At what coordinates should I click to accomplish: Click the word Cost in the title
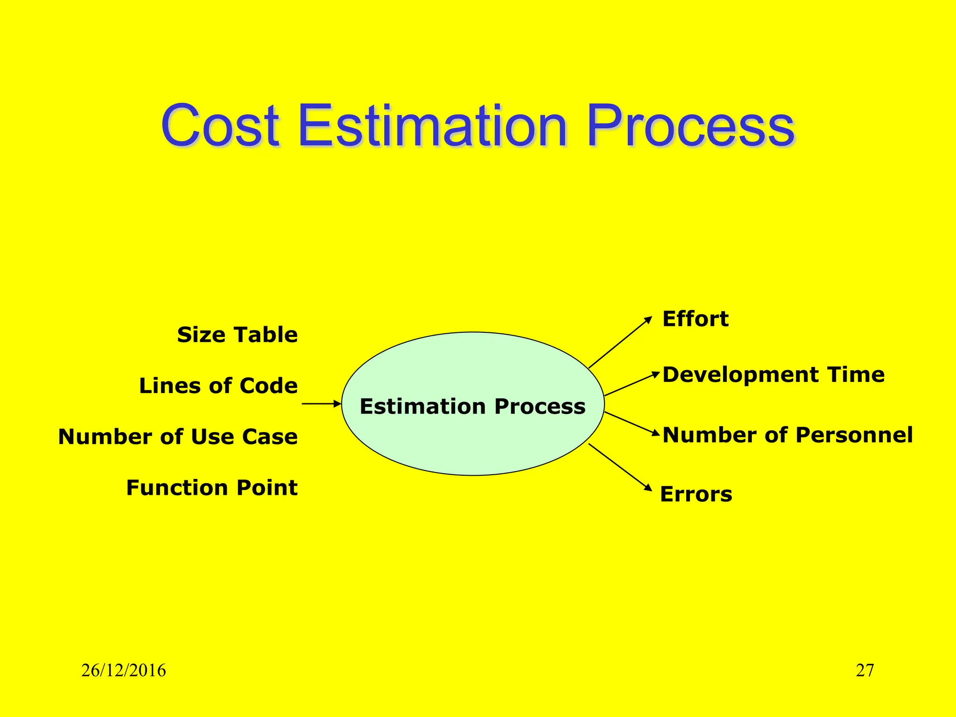pos(220,126)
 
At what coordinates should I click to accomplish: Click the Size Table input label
pos(237,335)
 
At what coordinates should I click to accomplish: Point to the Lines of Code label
pos(218,386)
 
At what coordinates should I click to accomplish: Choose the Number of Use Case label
pos(178,437)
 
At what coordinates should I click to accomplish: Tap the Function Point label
pos(212,488)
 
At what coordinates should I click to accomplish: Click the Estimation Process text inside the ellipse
pos(472,406)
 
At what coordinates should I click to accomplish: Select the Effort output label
pos(696,319)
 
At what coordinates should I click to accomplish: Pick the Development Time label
pos(773,375)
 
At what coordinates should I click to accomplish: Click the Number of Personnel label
pos(787,435)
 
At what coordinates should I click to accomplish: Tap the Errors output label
pos(696,494)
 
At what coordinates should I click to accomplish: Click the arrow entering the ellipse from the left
pos(321,404)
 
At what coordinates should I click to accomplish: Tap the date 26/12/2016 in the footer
pos(124,671)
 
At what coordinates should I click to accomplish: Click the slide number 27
pos(865,671)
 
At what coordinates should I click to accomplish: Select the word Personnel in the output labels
pos(854,435)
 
